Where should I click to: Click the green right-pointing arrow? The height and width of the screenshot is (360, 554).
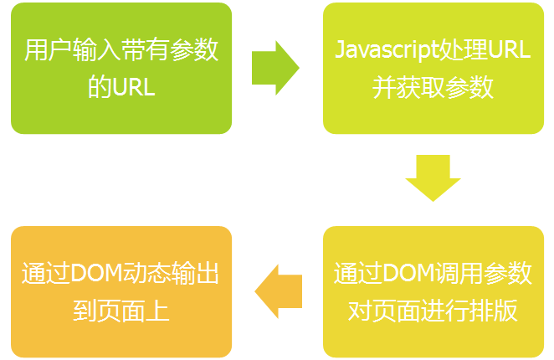pyautogui.click(x=274, y=68)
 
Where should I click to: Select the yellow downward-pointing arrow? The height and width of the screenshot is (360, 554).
pyautogui.click(x=433, y=177)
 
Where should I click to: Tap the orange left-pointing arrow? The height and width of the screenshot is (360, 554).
pyautogui.click(x=278, y=291)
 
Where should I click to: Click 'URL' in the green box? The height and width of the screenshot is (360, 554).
pyautogui.click(x=133, y=87)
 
